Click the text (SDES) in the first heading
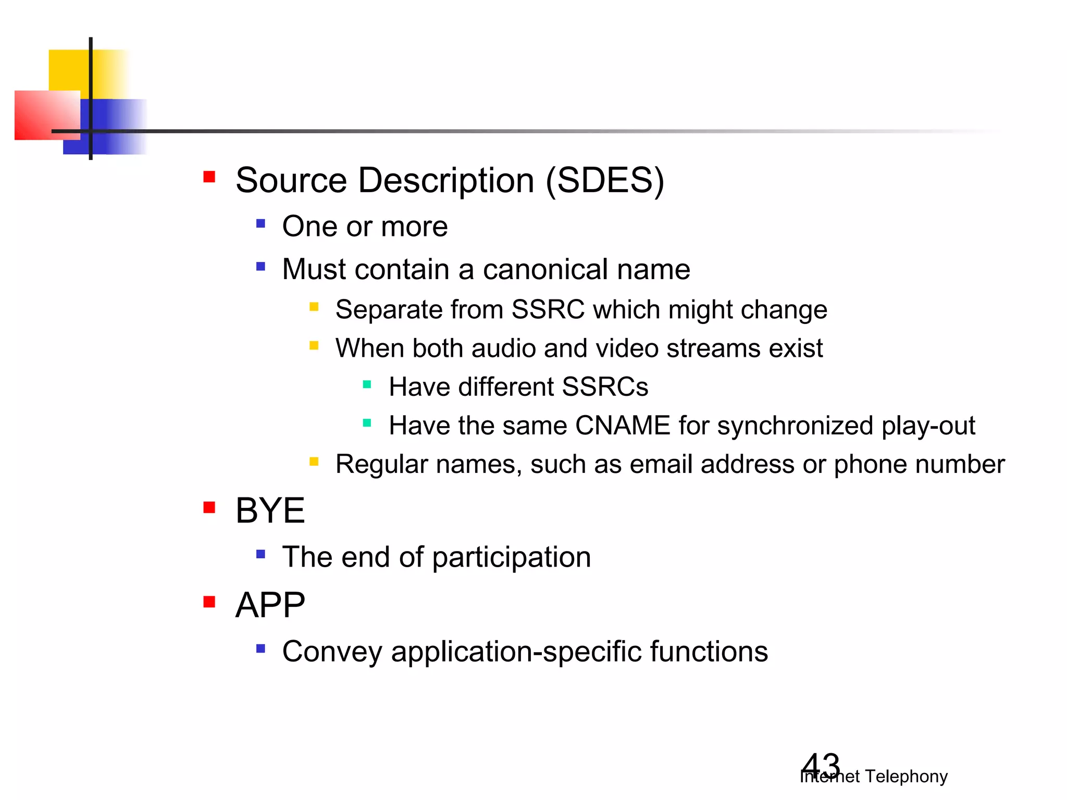[604, 181]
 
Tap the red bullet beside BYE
[209, 507]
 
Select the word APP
[270, 605]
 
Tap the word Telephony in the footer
[906, 777]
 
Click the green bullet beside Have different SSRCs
[367, 385]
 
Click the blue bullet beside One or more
[261, 224]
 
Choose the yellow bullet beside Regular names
[314, 461]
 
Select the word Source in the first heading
[291, 181]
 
